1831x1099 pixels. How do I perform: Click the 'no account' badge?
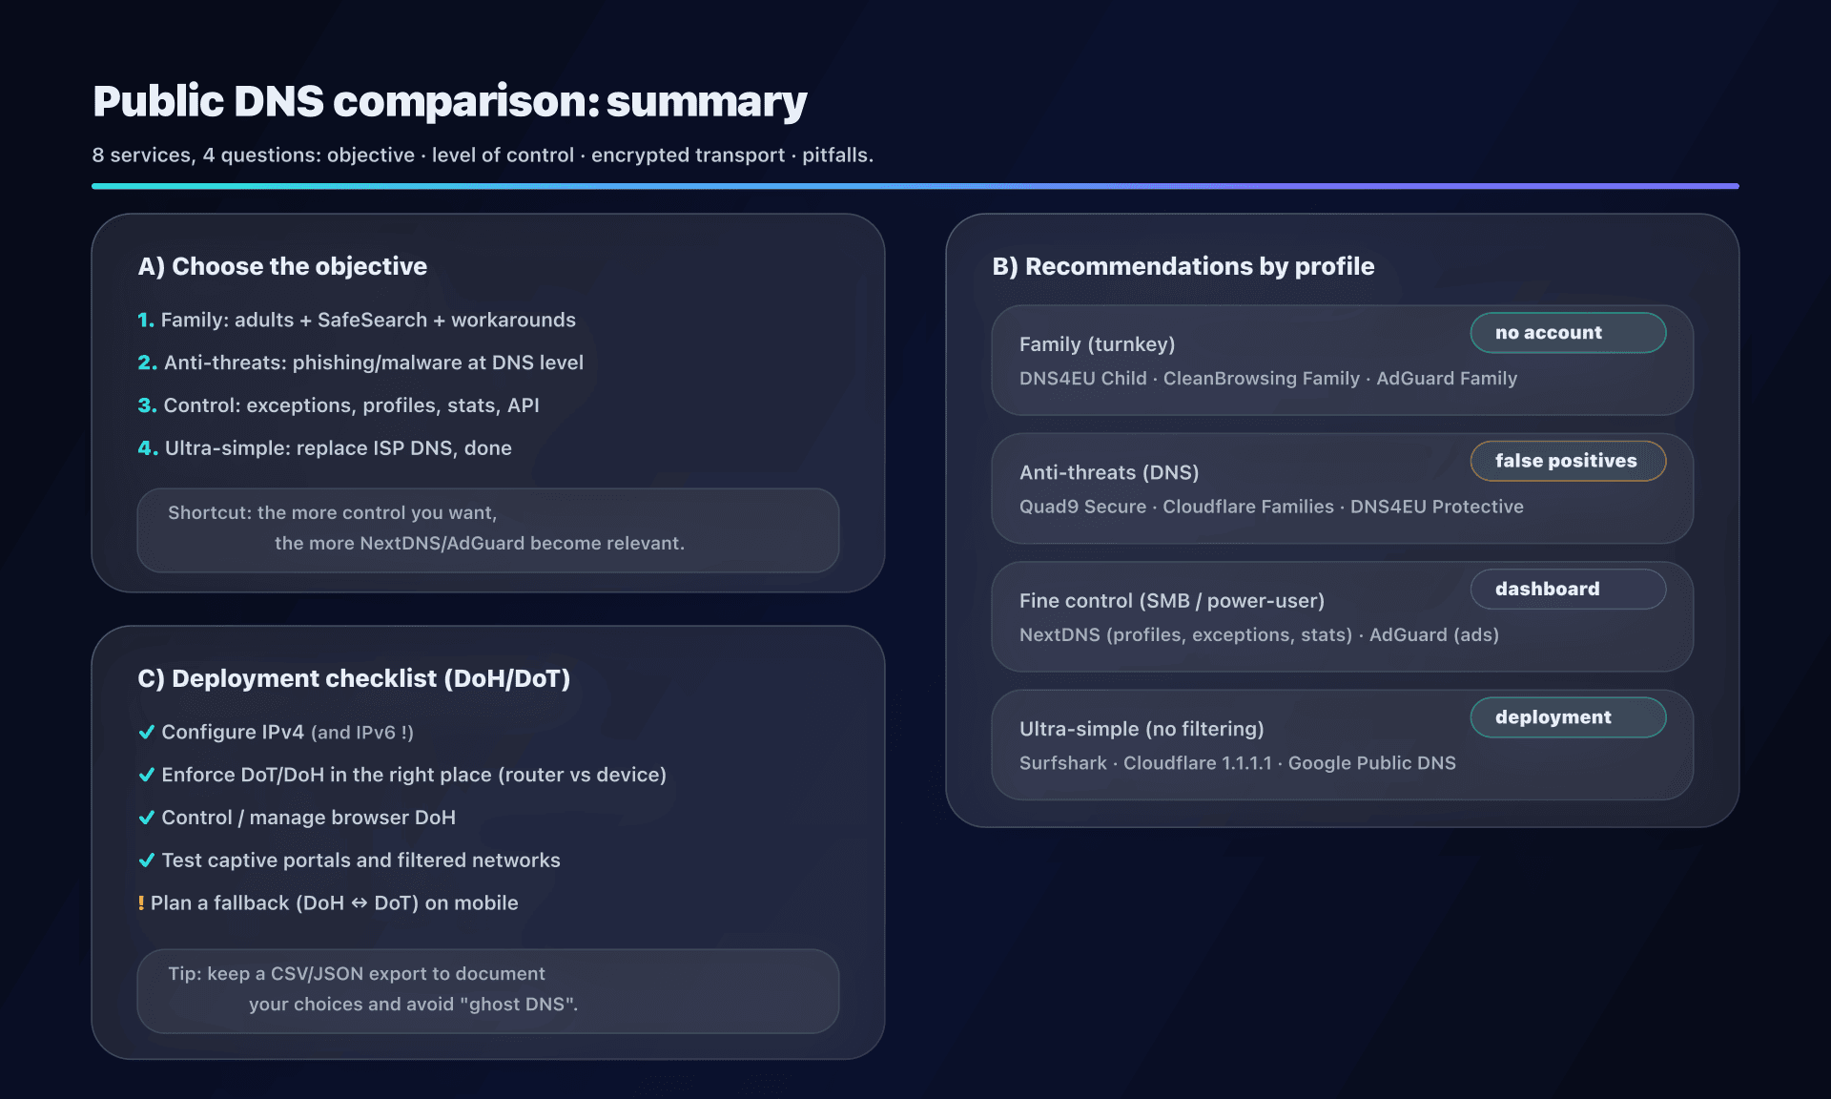coord(1567,333)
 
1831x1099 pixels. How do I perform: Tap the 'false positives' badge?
coord(1567,461)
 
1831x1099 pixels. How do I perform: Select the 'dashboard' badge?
coord(1567,589)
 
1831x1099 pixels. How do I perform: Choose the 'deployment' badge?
coord(1567,717)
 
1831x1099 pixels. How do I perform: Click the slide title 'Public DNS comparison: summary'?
coord(449,101)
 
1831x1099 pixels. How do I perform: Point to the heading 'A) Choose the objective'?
coord(282,266)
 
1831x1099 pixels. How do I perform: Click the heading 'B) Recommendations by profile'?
coord(1183,266)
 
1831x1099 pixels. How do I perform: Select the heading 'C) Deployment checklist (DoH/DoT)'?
coord(354,678)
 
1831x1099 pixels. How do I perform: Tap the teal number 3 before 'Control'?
coord(146,405)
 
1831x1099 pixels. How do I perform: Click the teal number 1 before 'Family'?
coord(145,321)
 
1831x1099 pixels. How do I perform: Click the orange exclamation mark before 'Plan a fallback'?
coord(141,903)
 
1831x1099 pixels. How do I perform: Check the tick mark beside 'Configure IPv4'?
coord(147,732)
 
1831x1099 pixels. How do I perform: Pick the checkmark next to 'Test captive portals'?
coord(147,861)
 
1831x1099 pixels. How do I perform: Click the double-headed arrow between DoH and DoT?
coord(360,903)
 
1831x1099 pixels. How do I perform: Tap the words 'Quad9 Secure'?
coord(1082,507)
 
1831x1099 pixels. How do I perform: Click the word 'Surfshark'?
coord(1062,763)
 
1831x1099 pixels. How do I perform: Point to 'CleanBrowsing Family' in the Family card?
coord(1261,379)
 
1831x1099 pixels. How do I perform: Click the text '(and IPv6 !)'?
coord(361,733)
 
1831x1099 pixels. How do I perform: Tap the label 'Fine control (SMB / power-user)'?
coord(1171,601)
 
